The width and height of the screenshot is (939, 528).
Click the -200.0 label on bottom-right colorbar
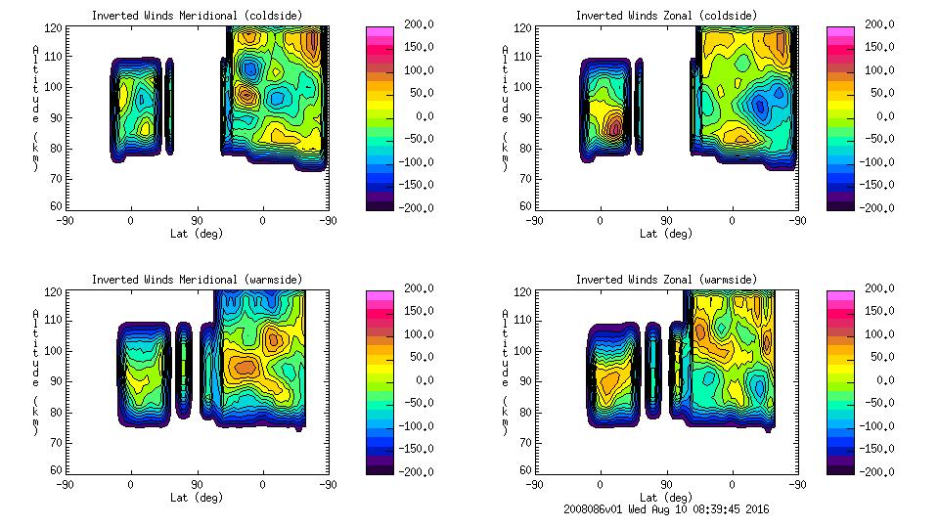coord(878,471)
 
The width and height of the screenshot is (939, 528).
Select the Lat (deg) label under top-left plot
coord(197,234)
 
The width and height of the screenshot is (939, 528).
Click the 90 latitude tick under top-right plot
coord(667,221)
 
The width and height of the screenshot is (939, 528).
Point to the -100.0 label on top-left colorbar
coord(414,162)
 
